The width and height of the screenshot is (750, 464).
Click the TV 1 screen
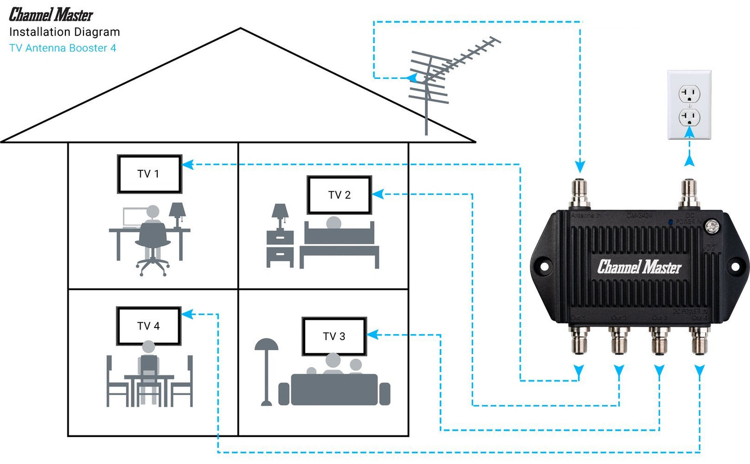[x=149, y=174]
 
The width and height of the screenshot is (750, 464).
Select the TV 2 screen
[x=339, y=195]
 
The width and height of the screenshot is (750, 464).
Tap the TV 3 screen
[x=334, y=336]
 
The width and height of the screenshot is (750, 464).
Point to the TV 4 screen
[x=148, y=326]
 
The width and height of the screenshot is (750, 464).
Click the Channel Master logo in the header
[x=51, y=15]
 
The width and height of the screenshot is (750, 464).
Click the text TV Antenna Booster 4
[x=63, y=48]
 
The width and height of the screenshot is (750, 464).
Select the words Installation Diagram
[x=64, y=32]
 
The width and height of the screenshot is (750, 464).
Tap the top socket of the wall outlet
[x=689, y=94]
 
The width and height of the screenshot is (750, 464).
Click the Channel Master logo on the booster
[x=639, y=267]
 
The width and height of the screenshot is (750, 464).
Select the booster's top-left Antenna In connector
[x=580, y=193]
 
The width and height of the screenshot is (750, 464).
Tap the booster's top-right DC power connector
[x=689, y=193]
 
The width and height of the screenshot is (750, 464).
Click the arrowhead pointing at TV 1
[x=188, y=165]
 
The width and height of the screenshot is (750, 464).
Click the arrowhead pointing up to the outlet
[x=689, y=160]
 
